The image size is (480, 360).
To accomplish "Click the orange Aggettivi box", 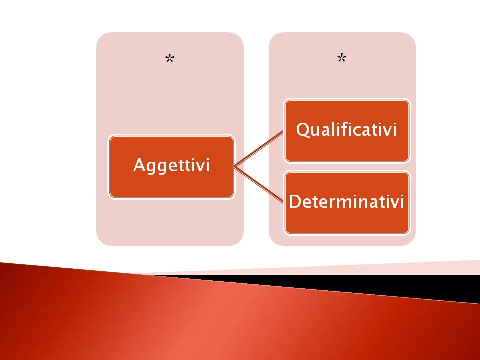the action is click(171, 167).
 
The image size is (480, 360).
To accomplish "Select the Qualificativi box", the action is click(347, 130).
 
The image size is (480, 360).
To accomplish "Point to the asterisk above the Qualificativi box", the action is click(342, 58).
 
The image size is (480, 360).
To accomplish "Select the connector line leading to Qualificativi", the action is click(259, 149).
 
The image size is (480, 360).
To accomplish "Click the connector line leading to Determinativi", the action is click(259, 185).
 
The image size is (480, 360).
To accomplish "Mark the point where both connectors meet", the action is click(234, 167).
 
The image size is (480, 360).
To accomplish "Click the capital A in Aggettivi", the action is click(139, 165).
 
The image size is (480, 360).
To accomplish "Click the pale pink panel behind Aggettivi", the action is click(170, 92).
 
